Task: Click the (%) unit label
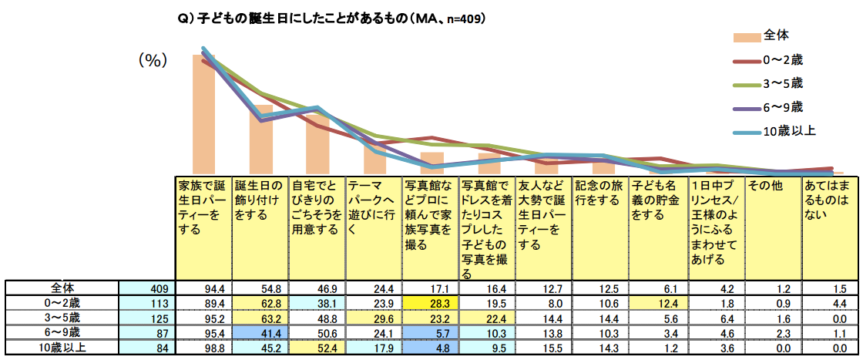point(153,62)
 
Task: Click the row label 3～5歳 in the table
point(62,318)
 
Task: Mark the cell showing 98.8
point(203,348)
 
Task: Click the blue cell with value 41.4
point(260,333)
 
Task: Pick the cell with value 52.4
point(317,348)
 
